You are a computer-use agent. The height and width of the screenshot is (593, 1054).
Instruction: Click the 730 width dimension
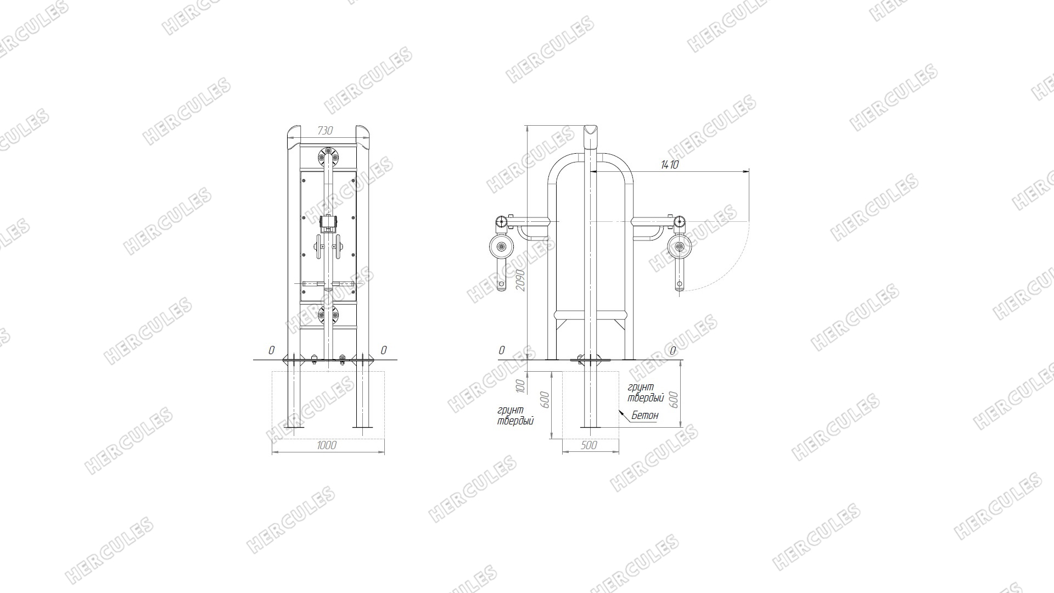click(x=325, y=131)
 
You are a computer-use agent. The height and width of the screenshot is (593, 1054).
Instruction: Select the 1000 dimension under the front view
click(x=327, y=445)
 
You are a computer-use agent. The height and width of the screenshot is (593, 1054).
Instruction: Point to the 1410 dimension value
click(x=670, y=164)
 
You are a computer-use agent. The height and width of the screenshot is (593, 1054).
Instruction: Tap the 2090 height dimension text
click(x=522, y=280)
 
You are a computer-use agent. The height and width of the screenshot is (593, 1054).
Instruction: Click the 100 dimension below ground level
click(x=522, y=385)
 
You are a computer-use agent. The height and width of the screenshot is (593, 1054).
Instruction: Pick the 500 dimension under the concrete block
click(x=588, y=445)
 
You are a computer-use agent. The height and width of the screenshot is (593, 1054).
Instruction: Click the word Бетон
click(x=644, y=416)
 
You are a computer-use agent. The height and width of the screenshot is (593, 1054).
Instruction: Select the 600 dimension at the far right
click(x=675, y=399)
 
